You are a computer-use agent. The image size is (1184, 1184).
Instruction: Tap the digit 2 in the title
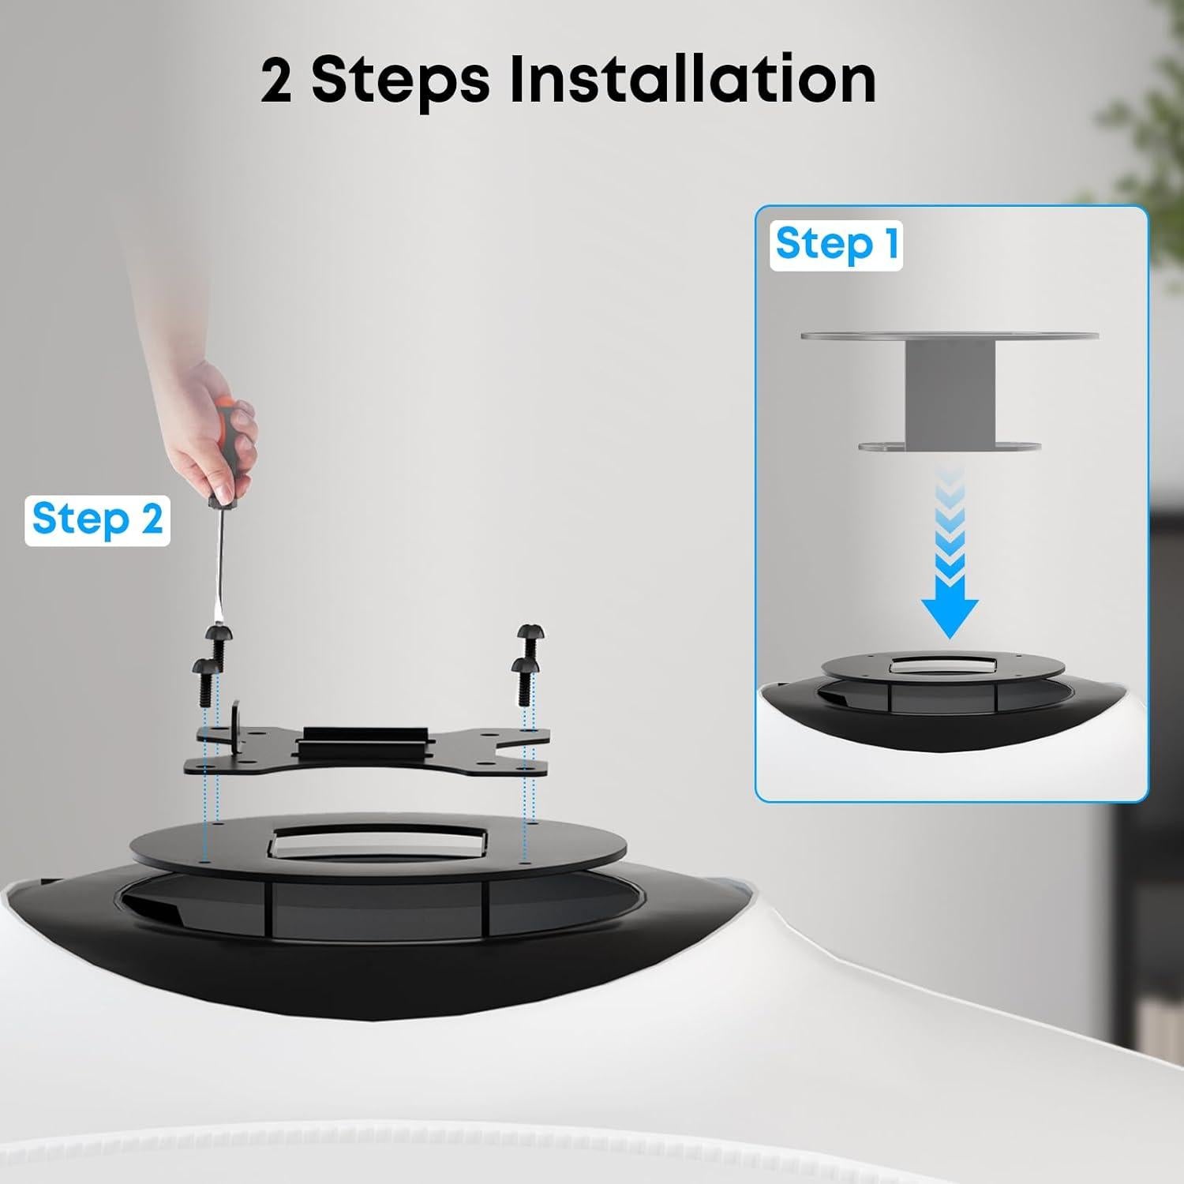point(277,81)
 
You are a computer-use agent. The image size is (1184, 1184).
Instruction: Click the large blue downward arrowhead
point(950,616)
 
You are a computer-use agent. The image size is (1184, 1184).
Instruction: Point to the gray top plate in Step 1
point(950,335)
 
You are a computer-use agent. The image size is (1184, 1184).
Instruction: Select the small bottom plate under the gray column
point(950,447)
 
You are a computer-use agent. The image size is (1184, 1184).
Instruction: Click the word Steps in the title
point(399,81)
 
